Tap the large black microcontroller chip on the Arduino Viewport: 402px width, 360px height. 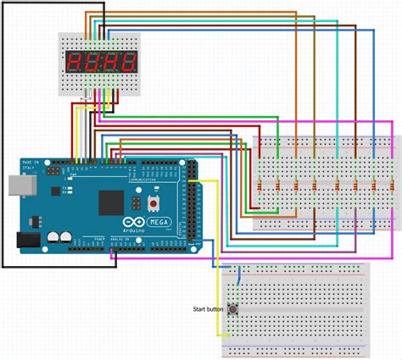(x=112, y=202)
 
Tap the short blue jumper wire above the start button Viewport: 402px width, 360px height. (x=240, y=274)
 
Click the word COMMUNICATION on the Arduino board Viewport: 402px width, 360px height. (x=143, y=180)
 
